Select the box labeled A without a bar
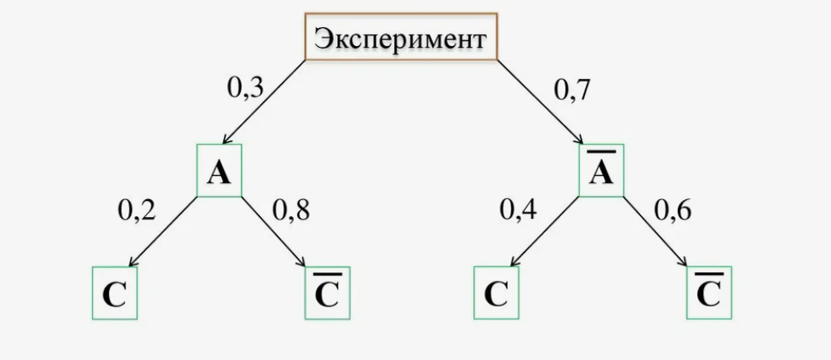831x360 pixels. pyautogui.click(x=219, y=173)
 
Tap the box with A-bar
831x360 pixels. pyautogui.click(x=600, y=173)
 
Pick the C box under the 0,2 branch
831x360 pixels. pyautogui.click(x=114, y=294)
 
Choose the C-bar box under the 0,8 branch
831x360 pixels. pyautogui.click(x=327, y=294)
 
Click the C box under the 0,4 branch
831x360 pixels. pyautogui.click(x=496, y=294)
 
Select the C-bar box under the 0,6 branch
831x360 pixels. pyautogui.click(x=709, y=294)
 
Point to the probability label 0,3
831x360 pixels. pyautogui.click(x=245, y=87)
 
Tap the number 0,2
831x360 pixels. pyautogui.click(x=136, y=209)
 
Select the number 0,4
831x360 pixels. pyautogui.click(x=518, y=209)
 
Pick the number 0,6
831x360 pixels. pyautogui.click(x=672, y=209)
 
